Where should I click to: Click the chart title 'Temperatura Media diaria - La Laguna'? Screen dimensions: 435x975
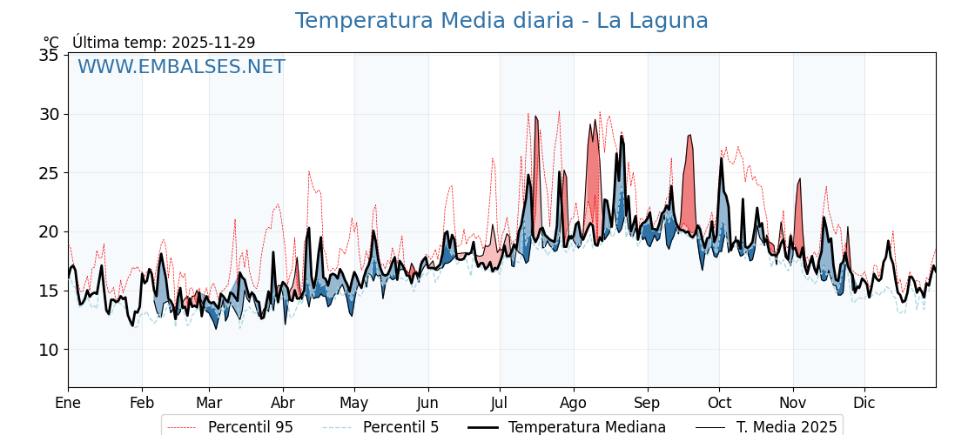click(501, 21)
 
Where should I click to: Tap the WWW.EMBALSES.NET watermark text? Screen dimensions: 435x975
click(181, 67)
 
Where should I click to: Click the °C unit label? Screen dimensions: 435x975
click(50, 43)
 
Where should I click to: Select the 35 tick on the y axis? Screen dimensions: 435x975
click(50, 56)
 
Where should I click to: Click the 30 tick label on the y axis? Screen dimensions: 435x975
click(50, 114)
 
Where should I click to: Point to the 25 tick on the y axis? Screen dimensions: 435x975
click(50, 173)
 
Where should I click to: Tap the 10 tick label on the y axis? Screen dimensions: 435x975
click(50, 350)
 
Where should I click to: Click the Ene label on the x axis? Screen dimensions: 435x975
click(68, 404)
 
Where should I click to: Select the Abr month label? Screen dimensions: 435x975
click(283, 404)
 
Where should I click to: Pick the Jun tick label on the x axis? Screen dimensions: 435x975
click(428, 404)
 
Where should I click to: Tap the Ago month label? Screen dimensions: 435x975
click(574, 404)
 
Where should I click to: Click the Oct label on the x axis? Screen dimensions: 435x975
click(719, 404)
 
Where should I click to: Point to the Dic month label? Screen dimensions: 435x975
click(864, 404)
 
